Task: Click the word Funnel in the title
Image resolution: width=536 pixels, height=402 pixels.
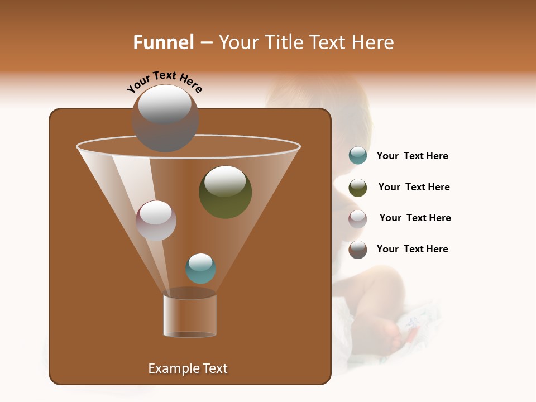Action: click(x=164, y=42)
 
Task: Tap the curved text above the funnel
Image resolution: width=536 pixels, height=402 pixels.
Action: click(x=164, y=82)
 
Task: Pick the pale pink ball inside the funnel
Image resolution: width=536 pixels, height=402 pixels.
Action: click(x=156, y=221)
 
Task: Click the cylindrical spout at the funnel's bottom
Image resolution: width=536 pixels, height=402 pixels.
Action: click(x=190, y=316)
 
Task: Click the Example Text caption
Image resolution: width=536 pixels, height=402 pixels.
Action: click(x=188, y=368)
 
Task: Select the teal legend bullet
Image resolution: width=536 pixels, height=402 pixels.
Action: click(x=358, y=156)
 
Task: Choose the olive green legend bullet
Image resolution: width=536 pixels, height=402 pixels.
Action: click(x=358, y=188)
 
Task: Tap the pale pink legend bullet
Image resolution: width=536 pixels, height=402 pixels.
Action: click(x=358, y=219)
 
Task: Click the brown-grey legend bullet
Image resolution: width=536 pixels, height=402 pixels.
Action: click(x=358, y=250)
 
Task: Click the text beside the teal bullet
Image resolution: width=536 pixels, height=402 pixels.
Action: click(x=412, y=156)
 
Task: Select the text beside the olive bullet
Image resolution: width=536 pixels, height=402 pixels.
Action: click(x=414, y=188)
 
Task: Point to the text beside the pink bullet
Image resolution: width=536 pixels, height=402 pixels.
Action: click(x=415, y=218)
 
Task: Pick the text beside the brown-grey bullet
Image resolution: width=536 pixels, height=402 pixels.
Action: click(x=412, y=250)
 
